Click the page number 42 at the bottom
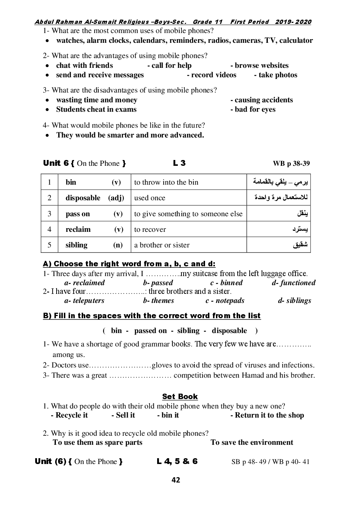(176, 480)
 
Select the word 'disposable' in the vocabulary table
(83, 198)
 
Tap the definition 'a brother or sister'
(162, 245)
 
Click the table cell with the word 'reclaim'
(78, 229)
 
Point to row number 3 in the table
(49, 214)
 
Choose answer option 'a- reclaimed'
(85, 283)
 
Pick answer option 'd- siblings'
(294, 300)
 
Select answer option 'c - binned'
(226, 283)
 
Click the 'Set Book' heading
(180, 397)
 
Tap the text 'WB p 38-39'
(291, 164)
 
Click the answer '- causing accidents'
(261, 100)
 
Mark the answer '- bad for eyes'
(253, 109)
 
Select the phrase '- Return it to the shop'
(267, 415)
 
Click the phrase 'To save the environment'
(252, 442)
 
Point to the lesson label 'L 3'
(179, 163)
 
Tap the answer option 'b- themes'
(159, 300)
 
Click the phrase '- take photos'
(275, 75)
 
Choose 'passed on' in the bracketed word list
(150, 331)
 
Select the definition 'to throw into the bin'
(166, 182)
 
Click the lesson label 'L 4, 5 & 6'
(177, 461)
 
